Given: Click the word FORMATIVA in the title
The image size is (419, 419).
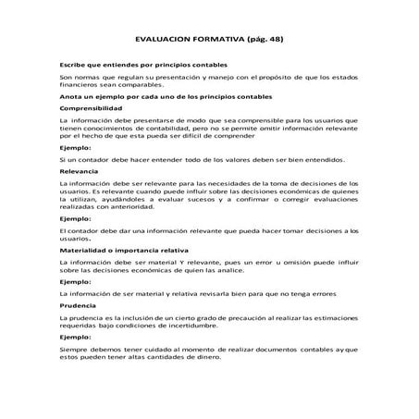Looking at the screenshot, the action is pyautogui.click(x=209, y=42).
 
